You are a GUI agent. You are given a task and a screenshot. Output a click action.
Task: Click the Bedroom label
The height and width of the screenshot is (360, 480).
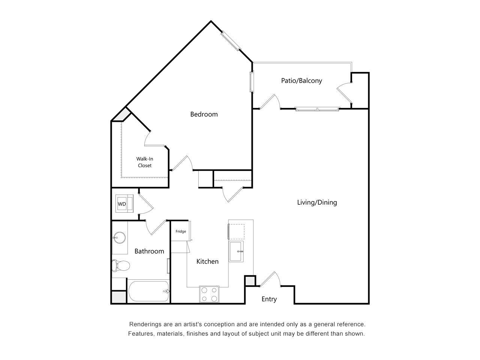tap(204, 114)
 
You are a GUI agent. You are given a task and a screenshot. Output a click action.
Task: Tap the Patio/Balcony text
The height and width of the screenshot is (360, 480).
tap(301, 80)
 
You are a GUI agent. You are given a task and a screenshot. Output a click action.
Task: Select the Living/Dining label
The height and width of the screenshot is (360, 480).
tap(317, 202)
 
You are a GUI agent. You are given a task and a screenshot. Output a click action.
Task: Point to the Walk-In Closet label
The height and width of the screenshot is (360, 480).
tap(144, 162)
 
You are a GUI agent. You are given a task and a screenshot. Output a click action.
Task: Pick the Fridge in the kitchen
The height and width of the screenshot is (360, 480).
tap(181, 231)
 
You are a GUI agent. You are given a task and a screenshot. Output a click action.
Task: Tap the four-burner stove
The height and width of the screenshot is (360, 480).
tap(209, 294)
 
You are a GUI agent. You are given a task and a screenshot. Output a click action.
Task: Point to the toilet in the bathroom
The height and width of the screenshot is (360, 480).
tap(121, 266)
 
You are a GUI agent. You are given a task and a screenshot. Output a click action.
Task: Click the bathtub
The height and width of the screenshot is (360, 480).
tap(148, 291)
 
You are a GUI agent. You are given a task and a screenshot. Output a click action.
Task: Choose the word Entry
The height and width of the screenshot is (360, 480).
tap(269, 299)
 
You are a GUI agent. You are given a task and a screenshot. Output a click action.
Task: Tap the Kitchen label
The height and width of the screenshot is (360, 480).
tap(207, 261)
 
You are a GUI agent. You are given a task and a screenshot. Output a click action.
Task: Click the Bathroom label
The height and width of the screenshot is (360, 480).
tap(149, 251)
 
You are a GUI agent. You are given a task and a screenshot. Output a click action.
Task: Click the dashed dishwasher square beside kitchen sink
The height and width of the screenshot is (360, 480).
tap(237, 231)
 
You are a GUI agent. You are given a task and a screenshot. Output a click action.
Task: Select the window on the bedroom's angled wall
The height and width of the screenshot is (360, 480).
tap(230, 41)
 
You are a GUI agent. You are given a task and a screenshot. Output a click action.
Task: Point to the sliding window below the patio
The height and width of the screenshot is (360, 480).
tap(317, 109)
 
